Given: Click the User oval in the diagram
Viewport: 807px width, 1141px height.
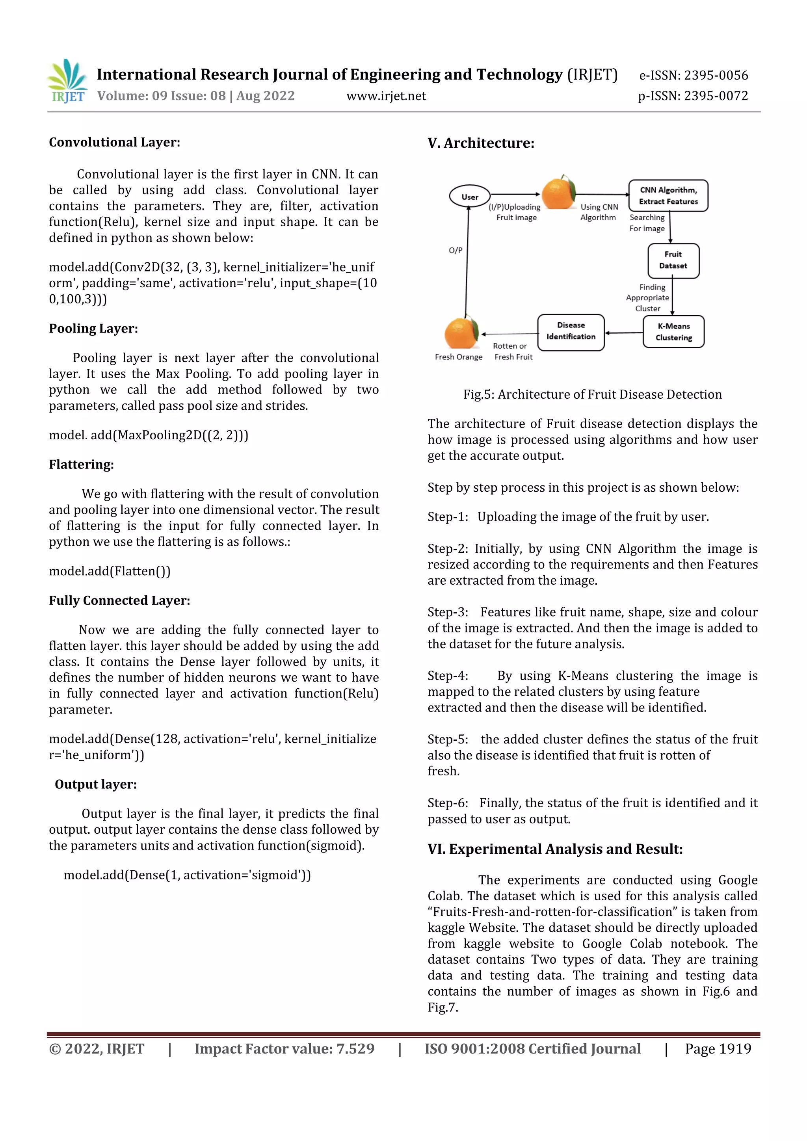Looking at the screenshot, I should [x=470, y=196].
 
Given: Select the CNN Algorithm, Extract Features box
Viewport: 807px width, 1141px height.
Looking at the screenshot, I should [x=668, y=195].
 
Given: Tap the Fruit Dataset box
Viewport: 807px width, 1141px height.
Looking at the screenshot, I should [x=673, y=260].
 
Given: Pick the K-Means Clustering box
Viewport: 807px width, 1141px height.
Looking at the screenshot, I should [x=673, y=331].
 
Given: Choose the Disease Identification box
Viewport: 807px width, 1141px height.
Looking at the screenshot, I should [x=571, y=331].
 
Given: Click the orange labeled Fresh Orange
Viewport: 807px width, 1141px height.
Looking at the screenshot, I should [x=461, y=333].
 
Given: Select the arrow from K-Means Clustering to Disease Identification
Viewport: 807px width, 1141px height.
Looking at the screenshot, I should [x=624, y=333].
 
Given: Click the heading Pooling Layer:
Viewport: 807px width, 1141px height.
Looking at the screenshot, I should [x=93, y=329].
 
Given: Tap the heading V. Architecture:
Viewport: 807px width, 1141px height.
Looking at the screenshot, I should [x=480, y=143].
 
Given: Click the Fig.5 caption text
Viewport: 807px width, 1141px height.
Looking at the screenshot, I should [x=592, y=394].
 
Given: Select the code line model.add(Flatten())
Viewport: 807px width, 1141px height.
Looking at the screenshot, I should [x=109, y=571].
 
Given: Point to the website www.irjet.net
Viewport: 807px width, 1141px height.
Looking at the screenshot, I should [x=386, y=96].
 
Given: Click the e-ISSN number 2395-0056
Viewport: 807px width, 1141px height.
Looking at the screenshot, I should [x=716, y=76].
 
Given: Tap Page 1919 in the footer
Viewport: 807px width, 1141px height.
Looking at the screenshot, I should [x=718, y=1048].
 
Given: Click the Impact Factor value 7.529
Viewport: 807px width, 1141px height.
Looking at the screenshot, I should [x=355, y=1048].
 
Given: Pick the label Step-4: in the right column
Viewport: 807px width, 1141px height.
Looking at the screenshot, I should [x=448, y=676].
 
